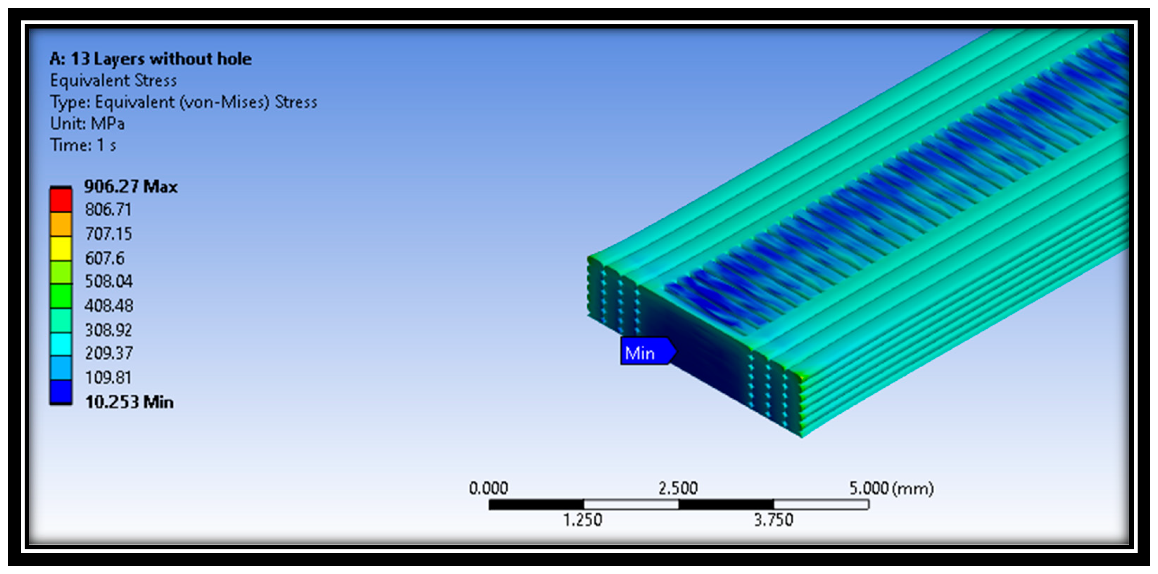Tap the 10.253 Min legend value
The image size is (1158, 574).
coord(129,402)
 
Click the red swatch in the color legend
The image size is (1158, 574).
coord(61,200)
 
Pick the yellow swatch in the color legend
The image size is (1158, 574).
coord(61,248)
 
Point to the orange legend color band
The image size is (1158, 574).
coord(61,224)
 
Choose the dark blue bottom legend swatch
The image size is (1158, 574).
coord(61,392)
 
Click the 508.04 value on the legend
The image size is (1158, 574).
coord(109,282)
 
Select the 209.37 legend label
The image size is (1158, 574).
coord(109,353)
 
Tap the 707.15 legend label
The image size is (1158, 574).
coord(109,234)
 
